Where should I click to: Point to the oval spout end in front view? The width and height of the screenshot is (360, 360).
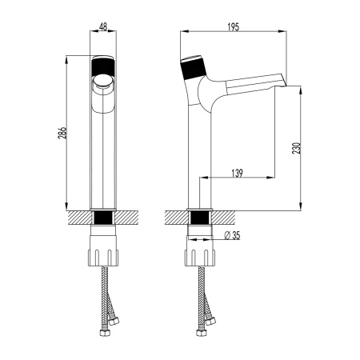[x=103, y=80]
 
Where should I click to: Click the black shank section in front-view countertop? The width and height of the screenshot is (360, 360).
[x=103, y=218]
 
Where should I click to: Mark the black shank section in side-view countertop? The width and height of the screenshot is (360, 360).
[x=199, y=218]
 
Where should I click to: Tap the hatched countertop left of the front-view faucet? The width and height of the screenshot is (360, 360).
[x=78, y=218]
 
